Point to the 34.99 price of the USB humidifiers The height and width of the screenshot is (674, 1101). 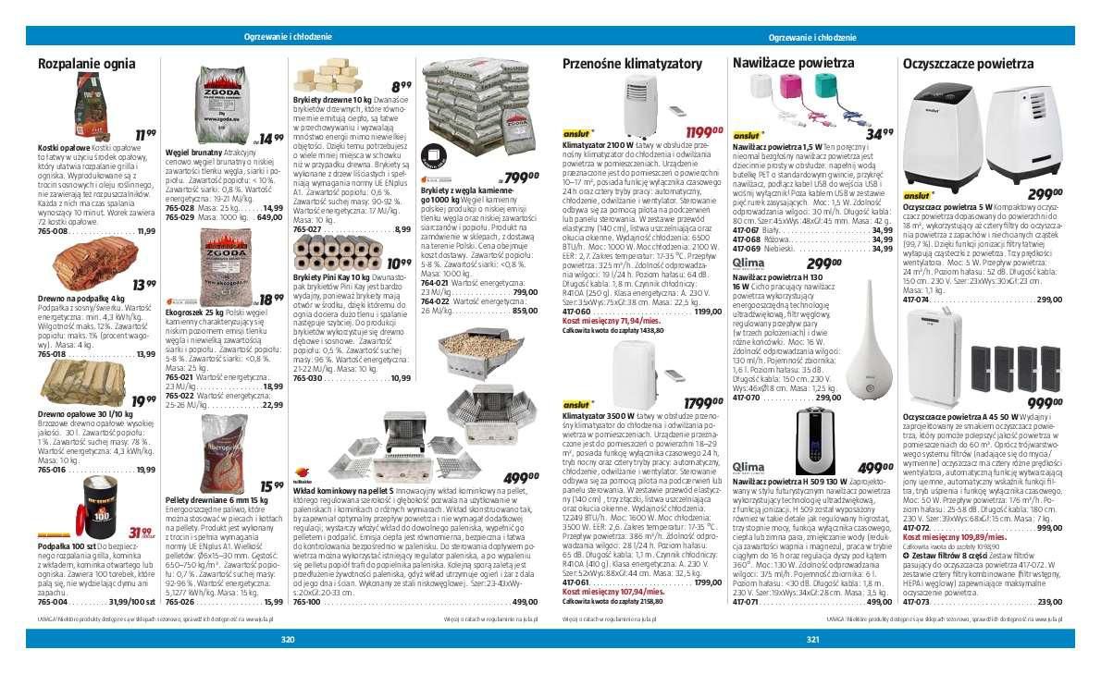click(873, 133)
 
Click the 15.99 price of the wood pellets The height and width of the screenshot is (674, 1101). click(272, 484)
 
